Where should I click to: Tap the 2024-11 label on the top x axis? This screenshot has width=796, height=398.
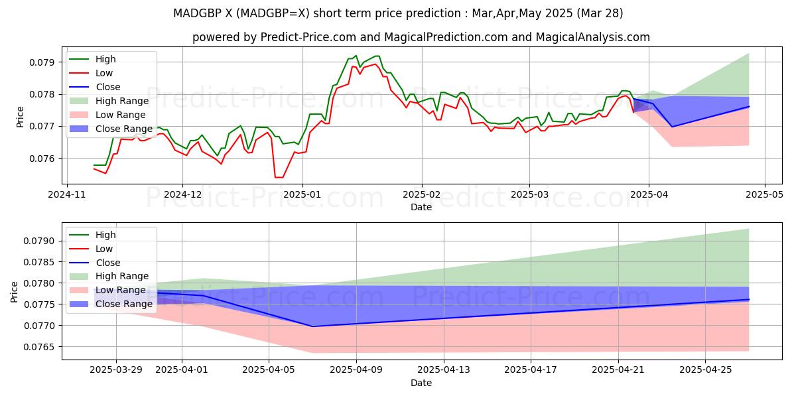pos(66,195)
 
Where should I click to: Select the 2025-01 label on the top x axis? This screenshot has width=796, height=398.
pos(302,195)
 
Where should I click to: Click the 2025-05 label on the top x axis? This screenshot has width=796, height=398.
pos(765,195)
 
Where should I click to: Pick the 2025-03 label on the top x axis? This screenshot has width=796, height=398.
pos(529,195)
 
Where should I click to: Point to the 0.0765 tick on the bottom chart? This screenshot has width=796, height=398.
pos(43,347)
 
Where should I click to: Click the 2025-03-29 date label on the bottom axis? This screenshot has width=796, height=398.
pos(116,369)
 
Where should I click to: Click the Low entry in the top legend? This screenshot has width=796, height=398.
pos(104,73)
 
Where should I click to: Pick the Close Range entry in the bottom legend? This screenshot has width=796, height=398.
pos(124,304)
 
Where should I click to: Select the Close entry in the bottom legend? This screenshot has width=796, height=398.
pos(108,263)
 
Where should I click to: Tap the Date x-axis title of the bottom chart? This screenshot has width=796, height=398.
pos(421,383)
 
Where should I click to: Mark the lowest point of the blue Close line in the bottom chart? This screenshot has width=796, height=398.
pos(312,326)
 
